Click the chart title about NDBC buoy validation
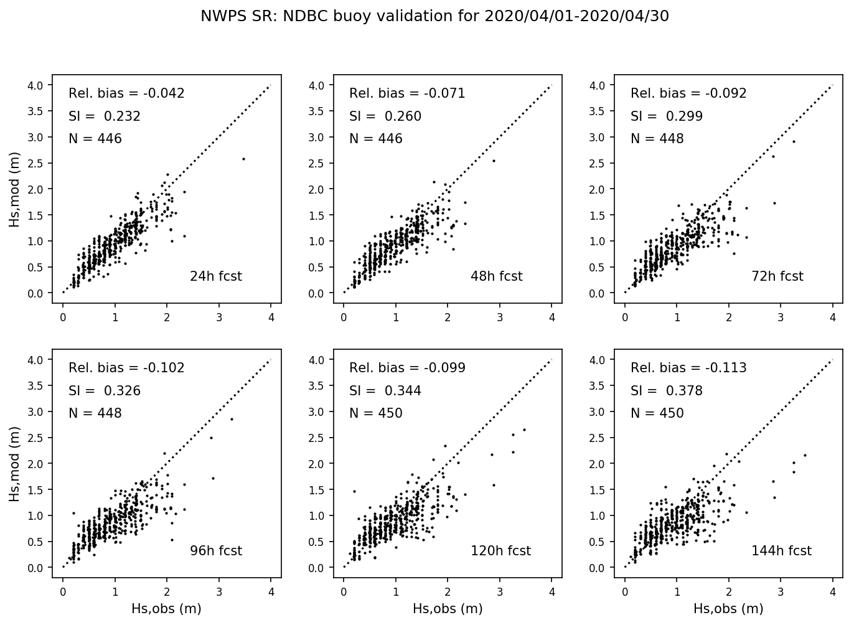434,16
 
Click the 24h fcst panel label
215,276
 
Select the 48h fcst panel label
496,276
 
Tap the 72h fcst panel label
777,276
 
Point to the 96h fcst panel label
215,550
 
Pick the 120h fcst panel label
500,550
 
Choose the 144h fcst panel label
781,550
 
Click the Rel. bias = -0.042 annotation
126,93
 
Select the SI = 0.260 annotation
385,116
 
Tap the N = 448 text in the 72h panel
657,139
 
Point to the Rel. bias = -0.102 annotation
126,368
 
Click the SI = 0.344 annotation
385,391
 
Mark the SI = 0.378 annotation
666,391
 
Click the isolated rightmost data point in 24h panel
243,159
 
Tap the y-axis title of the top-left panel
14,189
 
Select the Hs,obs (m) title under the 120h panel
448,608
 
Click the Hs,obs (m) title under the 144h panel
728,608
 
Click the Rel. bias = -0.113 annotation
688,368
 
